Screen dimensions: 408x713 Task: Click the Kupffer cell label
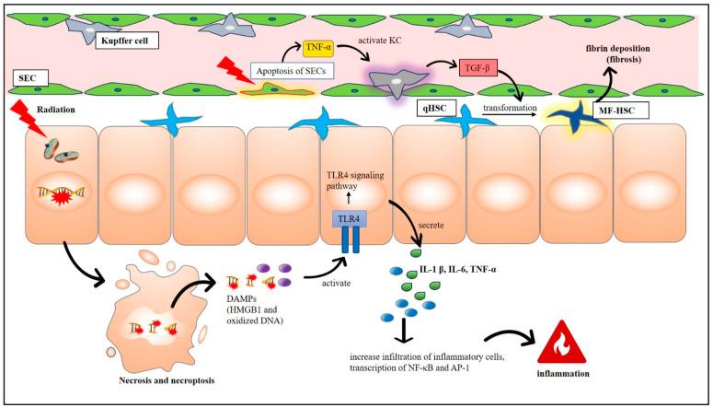pyautogui.click(x=128, y=40)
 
